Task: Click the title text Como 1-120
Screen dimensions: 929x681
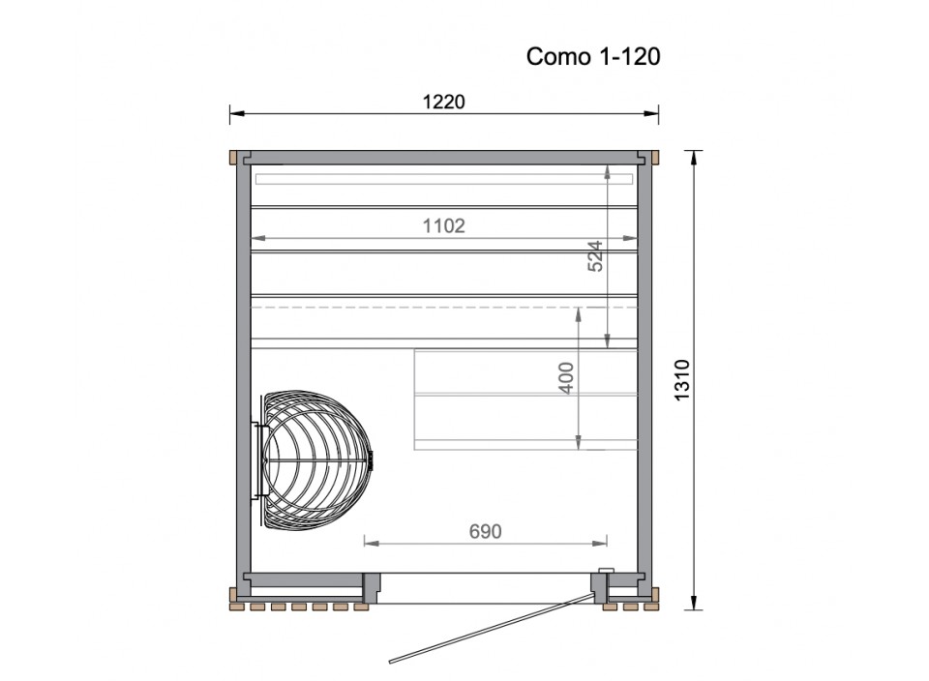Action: (593, 57)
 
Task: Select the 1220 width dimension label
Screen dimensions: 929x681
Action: (444, 102)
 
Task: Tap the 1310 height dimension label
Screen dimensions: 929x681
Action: (682, 380)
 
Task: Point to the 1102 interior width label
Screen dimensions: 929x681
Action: (444, 225)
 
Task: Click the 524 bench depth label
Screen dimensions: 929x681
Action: (595, 255)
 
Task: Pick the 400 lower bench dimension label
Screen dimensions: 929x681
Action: (566, 378)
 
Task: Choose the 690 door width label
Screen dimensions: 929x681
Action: (485, 531)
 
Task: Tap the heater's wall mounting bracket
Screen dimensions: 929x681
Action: (255, 460)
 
